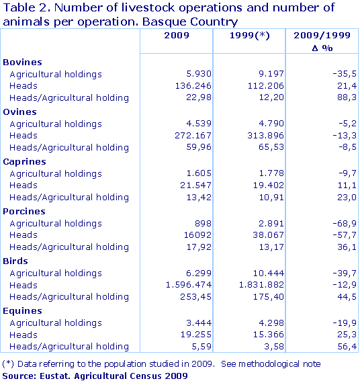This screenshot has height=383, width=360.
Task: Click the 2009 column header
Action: [176, 36]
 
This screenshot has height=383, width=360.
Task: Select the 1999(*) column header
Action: [249, 36]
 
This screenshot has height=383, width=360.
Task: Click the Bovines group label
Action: [22, 62]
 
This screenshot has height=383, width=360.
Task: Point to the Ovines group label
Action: [20, 112]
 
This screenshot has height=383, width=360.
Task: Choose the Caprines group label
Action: [24, 162]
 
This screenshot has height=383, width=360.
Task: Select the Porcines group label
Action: [24, 212]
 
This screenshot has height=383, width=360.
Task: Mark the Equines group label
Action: [22, 311]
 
